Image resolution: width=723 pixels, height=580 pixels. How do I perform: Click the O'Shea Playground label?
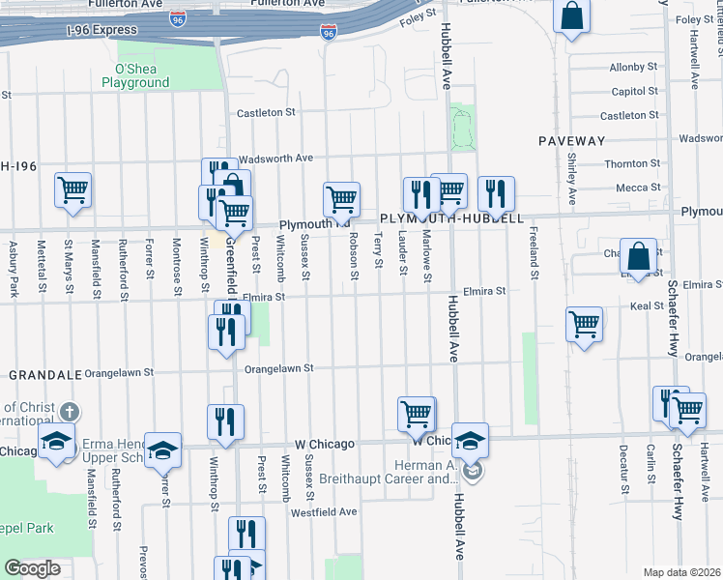point(142,75)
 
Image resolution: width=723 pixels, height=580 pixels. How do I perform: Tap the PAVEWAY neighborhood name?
point(570,141)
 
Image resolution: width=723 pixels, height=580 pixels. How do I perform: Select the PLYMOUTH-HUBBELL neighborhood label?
point(451,218)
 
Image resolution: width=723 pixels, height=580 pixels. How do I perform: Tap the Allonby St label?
point(633,68)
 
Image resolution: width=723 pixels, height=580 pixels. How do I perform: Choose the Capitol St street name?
point(634,92)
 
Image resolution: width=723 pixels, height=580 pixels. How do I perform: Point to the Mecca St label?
point(638,188)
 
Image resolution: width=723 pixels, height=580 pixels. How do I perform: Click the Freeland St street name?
point(533,253)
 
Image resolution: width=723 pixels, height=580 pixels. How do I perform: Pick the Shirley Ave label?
point(571,178)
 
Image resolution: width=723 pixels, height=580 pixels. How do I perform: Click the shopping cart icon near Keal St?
point(584,324)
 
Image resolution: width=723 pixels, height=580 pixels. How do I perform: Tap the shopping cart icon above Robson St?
point(341,199)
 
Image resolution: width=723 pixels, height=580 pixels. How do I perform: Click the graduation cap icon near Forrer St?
point(162,449)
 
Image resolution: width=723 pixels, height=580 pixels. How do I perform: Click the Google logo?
point(32,568)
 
